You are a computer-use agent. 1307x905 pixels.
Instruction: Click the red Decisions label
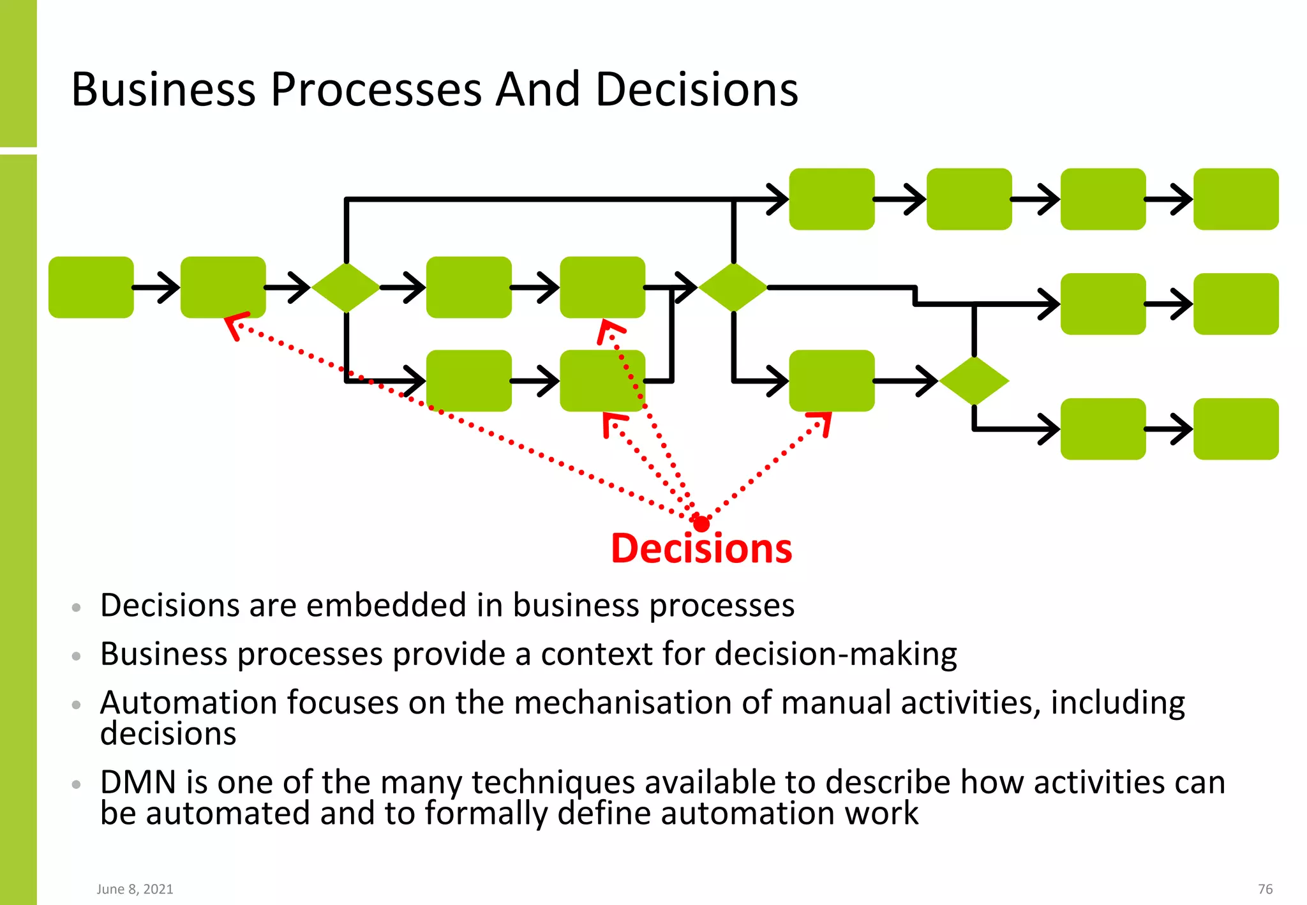pos(701,548)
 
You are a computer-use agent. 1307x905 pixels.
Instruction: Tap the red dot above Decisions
pos(701,524)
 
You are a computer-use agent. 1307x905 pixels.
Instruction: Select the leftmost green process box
pos(91,287)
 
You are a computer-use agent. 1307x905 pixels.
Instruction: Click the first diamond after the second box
pos(346,287)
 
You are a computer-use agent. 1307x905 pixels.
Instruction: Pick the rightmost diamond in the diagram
pos(974,381)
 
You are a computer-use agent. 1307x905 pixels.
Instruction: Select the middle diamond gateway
pos(733,287)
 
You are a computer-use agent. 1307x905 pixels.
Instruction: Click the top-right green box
pos(1236,199)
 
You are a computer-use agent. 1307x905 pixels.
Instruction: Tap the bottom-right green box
pos(1236,429)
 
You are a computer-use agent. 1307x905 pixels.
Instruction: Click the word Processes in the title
pos(377,89)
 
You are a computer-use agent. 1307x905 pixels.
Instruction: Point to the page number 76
pos(1265,889)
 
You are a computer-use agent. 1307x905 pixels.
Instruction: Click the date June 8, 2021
pos(135,889)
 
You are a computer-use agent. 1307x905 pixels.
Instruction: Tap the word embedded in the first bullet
pos(386,605)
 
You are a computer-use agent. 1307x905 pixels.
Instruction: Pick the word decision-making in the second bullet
pos(835,654)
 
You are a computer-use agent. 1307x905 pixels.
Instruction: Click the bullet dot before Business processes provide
pos(77,656)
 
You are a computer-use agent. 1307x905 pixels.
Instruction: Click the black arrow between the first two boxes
pos(157,287)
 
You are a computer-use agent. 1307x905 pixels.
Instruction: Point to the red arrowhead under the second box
pos(234,324)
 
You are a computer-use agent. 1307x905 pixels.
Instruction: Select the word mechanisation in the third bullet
pos(623,703)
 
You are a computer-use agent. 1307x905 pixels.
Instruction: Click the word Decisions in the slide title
pos(696,89)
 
